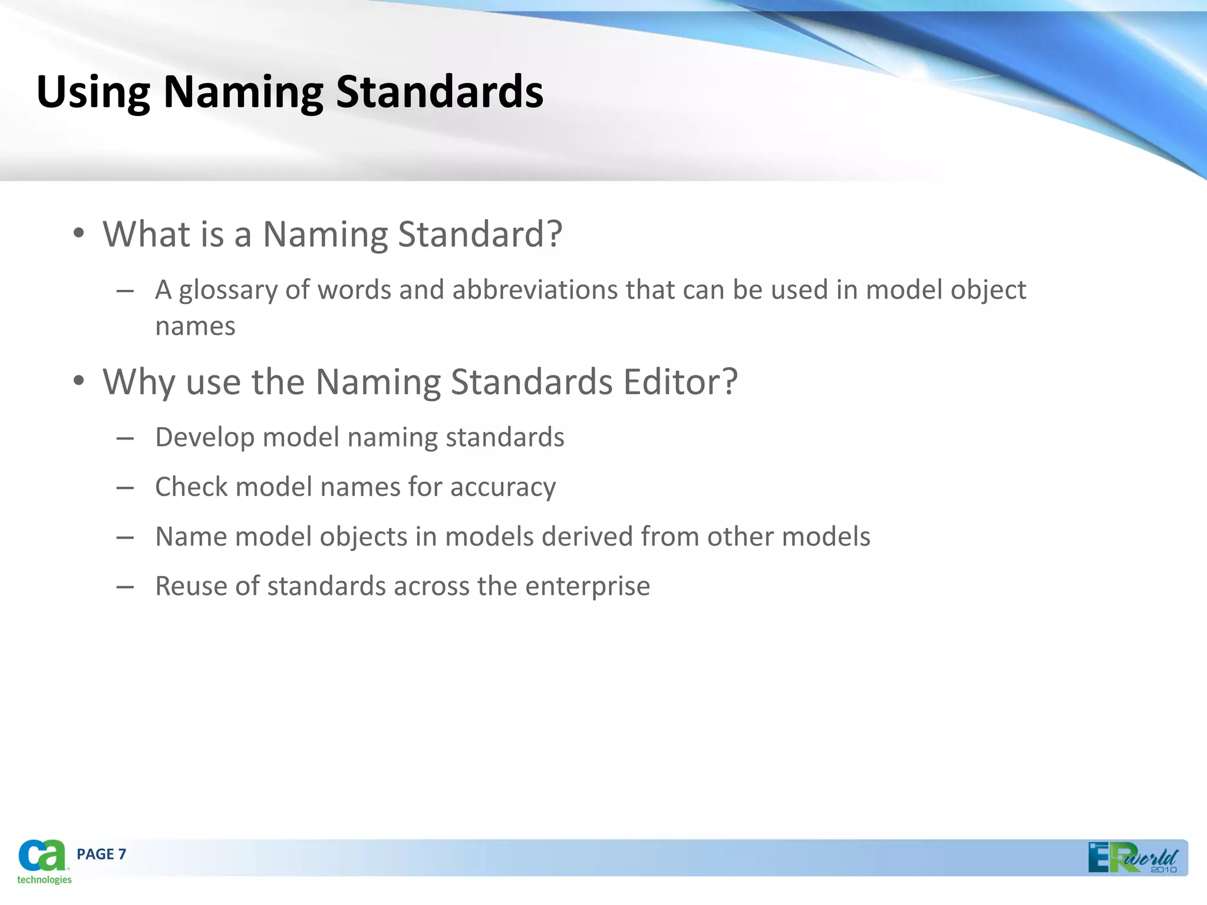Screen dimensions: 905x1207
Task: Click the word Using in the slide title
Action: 93,93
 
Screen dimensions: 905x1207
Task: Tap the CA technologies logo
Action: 43,861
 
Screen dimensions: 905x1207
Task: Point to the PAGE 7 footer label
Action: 101,854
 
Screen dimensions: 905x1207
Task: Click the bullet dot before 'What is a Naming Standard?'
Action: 79,234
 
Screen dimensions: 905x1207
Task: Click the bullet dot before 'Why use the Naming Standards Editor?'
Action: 79,382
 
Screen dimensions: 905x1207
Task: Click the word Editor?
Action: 680,381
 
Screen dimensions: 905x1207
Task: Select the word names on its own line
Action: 195,326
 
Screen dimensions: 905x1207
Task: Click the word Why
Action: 138,382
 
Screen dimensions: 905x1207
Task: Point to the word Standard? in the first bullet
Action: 480,234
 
